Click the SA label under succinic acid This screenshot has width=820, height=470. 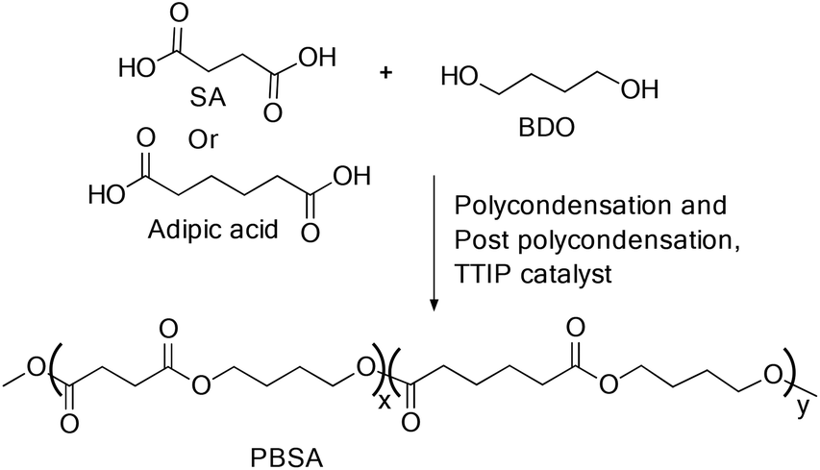209,97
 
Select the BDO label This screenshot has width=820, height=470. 546,128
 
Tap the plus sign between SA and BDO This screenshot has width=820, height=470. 385,73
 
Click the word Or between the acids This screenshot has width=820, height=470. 203,139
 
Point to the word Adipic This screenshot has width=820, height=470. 180,230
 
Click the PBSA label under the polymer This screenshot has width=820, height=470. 286,458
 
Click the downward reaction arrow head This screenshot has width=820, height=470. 434,305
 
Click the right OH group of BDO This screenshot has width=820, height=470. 639,90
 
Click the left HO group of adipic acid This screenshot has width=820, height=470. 108,194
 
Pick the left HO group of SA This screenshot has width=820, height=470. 137,67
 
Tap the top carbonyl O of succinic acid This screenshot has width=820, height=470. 179,14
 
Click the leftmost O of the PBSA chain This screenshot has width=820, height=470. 37,367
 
